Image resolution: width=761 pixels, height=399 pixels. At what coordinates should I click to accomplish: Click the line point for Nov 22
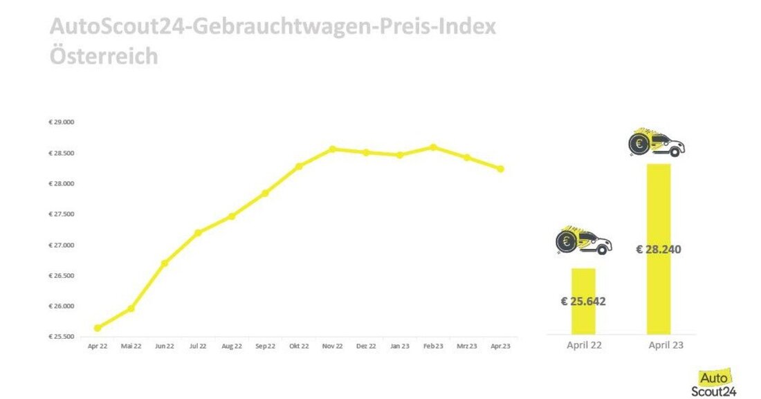[x=333, y=149]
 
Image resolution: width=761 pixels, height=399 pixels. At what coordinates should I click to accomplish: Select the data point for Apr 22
[x=98, y=328]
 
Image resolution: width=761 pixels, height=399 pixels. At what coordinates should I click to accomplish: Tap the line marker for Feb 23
[x=433, y=147]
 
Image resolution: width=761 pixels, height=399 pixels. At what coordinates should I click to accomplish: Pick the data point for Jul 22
[x=198, y=232]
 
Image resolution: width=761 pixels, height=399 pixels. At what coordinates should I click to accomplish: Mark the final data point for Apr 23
[x=501, y=169]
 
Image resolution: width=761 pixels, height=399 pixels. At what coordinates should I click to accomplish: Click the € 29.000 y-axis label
[x=62, y=122]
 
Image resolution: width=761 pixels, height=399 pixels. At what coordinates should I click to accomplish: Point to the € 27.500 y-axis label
[x=62, y=214]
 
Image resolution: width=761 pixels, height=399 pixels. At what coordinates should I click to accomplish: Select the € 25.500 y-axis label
[x=62, y=337]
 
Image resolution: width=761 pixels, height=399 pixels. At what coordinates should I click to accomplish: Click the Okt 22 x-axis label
[x=299, y=346]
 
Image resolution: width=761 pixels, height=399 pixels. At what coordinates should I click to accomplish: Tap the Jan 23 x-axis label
[x=400, y=346]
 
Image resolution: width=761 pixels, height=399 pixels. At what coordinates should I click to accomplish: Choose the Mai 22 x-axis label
[x=131, y=346]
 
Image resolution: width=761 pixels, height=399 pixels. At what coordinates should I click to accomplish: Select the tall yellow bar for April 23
[x=659, y=207]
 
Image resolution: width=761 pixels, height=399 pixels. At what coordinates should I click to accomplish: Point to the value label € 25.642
[x=583, y=301]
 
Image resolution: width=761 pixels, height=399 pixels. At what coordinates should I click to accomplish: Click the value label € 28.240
[x=659, y=249]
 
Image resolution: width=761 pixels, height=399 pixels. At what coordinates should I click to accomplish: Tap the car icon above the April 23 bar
[x=656, y=143]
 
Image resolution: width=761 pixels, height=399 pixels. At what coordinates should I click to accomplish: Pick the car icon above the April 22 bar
[x=584, y=241]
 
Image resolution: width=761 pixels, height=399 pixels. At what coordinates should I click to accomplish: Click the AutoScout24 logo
[x=718, y=383]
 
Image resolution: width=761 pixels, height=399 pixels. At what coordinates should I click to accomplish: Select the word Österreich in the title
[x=104, y=55]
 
